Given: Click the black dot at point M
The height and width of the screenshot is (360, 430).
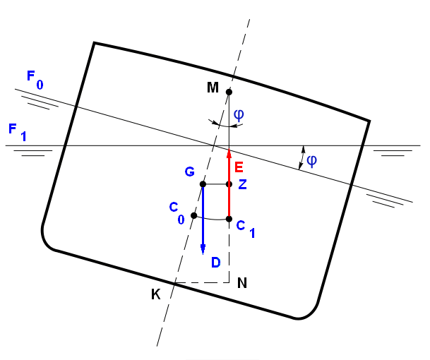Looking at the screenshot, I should [x=229, y=92].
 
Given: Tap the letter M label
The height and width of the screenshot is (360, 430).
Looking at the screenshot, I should [x=213, y=88].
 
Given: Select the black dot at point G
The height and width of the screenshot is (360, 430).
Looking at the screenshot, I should [x=203, y=184].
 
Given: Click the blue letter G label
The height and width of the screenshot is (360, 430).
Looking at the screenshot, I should [x=189, y=172].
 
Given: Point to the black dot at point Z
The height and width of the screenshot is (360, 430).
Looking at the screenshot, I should [x=229, y=184].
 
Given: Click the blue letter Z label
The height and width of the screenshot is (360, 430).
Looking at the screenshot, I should [x=242, y=185].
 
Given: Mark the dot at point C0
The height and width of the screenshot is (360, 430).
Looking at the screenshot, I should [x=193, y=215].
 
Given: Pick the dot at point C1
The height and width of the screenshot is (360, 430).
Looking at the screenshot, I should [x=229, y=219].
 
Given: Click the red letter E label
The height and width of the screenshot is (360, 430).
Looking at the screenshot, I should [x=239, y=167].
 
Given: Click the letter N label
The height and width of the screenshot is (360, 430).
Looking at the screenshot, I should [x=241, y=283].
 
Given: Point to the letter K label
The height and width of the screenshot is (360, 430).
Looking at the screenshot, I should [x=155, y=294].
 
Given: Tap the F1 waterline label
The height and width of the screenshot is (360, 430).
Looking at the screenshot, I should [x=17, y=131].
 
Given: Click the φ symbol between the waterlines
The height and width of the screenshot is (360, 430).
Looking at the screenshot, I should [x=311, y=160].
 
